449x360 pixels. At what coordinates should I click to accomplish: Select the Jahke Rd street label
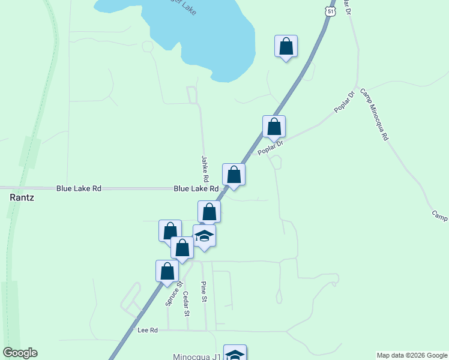[205, 169]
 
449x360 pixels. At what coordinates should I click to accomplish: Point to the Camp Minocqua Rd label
[375, 115]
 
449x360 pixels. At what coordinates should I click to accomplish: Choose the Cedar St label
[187, 304]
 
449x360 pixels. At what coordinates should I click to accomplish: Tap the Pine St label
[204, 292]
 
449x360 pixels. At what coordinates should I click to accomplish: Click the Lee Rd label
[147, 331]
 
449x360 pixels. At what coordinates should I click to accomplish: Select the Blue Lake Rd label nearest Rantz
[79, 188]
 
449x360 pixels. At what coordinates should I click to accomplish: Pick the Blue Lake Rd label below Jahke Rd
[196, 188]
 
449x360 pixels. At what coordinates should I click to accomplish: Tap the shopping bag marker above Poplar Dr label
[274, 127]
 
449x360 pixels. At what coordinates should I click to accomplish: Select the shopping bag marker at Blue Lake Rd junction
[234, 175]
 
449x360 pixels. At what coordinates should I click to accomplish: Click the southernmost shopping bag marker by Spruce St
[167, 271]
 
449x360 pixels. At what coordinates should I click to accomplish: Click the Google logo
[20, 353]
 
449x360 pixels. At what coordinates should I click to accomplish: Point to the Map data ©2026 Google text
[411, 355]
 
